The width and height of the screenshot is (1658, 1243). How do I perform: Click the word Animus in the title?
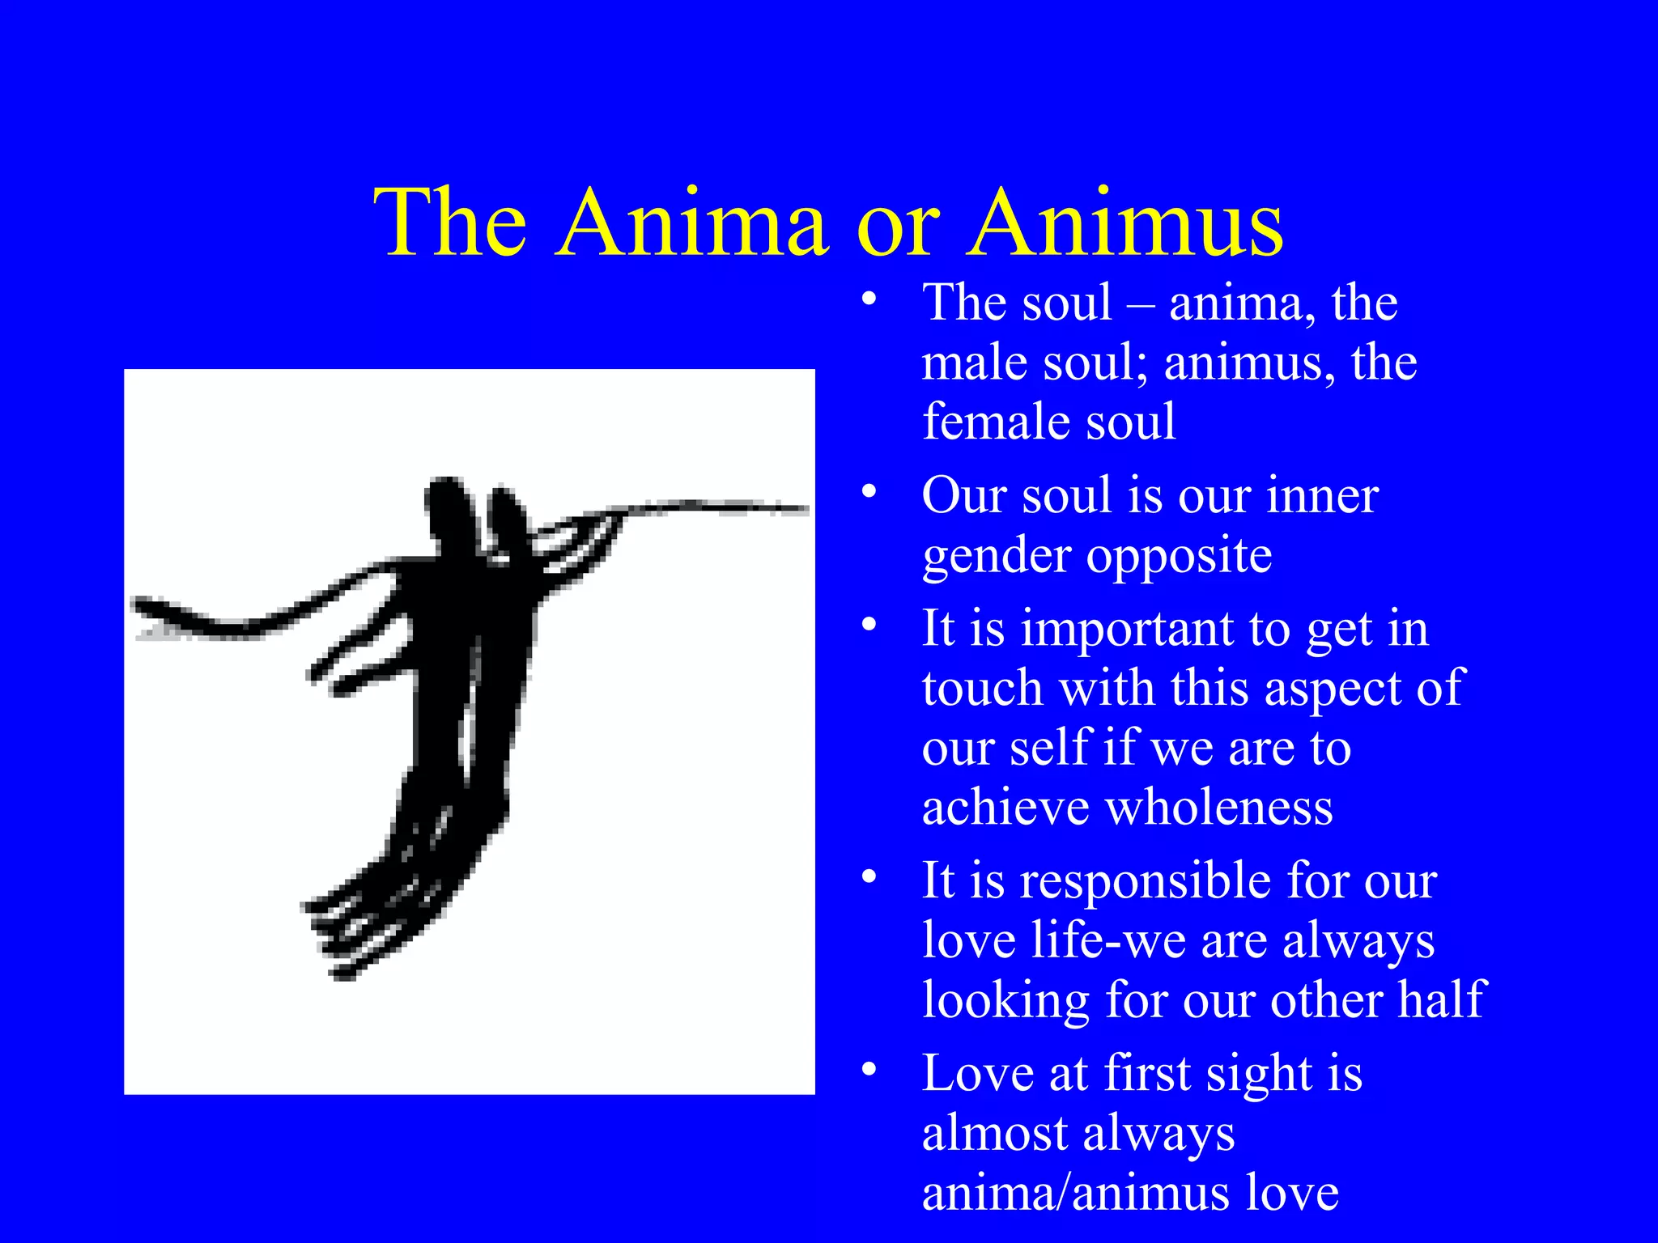pyautogui.click(x=1127, y=224)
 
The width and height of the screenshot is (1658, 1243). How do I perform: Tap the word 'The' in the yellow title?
pyautogui.click(x=450, y=224)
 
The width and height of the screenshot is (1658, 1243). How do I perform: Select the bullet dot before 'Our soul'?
pyautogui.click(x=869, y=492)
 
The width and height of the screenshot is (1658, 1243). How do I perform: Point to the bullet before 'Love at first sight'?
pyautogui.click(x=869, y=1070)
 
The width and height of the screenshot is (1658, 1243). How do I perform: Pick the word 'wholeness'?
pyautogui.click(x=1219, y=808)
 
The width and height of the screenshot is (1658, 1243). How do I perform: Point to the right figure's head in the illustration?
pyautogui.click(x=507, y=518)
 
